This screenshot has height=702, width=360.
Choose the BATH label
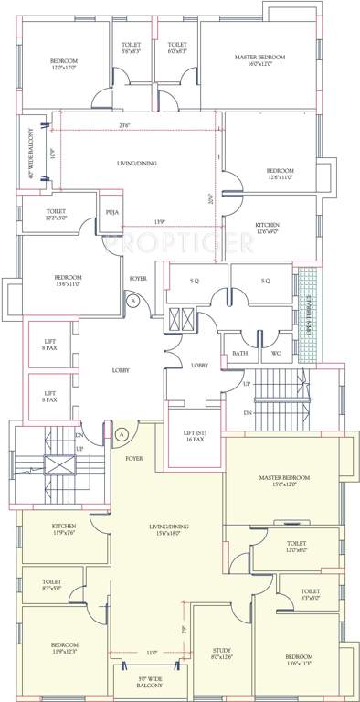[239, 353]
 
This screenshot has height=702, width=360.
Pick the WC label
[275, 353]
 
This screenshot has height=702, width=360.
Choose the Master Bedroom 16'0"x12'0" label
[259, 61]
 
